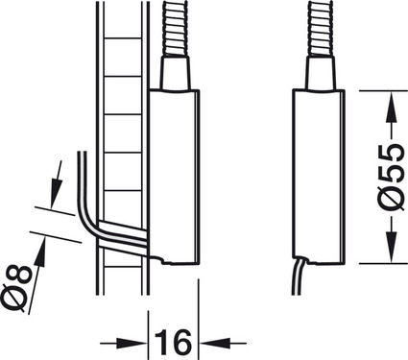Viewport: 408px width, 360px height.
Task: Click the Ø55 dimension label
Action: pyautogui.click(x=389, y=179)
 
